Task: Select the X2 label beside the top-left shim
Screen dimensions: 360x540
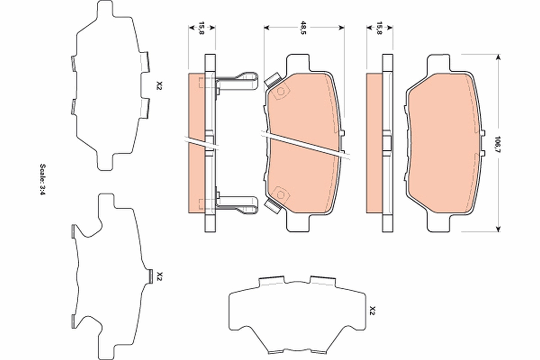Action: (158, 85)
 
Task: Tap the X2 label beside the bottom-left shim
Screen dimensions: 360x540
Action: (158, 276)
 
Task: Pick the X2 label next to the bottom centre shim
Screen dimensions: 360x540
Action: (372, 310)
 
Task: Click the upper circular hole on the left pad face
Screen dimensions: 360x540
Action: (281, 92)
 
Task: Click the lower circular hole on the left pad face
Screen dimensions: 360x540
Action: (281, 195)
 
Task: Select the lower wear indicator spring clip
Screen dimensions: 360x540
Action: (238, 204)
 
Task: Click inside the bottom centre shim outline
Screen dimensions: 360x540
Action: (297, 315)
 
